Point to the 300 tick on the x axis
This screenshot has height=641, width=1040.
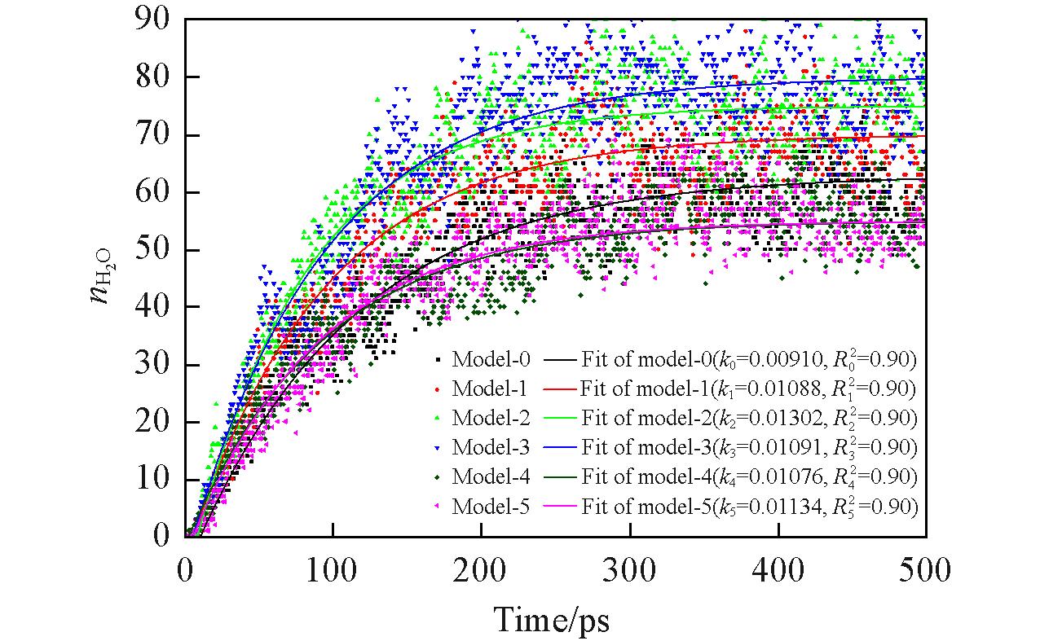point(630,569)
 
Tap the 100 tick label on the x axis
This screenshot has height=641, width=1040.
point(333,569)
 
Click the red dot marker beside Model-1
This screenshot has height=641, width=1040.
point(438,389)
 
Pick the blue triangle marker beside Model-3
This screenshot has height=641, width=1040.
point(438,447)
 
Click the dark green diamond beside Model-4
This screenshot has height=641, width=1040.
point(438,477)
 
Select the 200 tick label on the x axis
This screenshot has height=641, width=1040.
point(482,569)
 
